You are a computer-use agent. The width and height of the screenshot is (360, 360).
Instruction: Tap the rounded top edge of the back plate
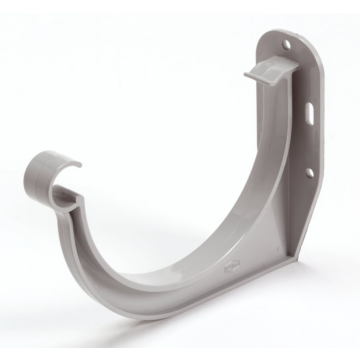(x=285, y=31)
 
